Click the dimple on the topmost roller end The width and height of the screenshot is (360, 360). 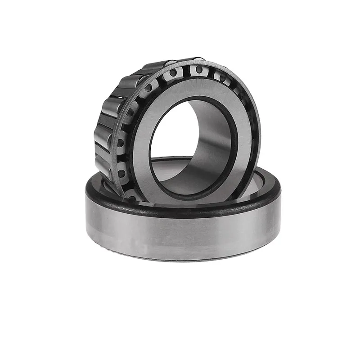(198, 69)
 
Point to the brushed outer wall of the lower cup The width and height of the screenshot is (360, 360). (180, 234)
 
